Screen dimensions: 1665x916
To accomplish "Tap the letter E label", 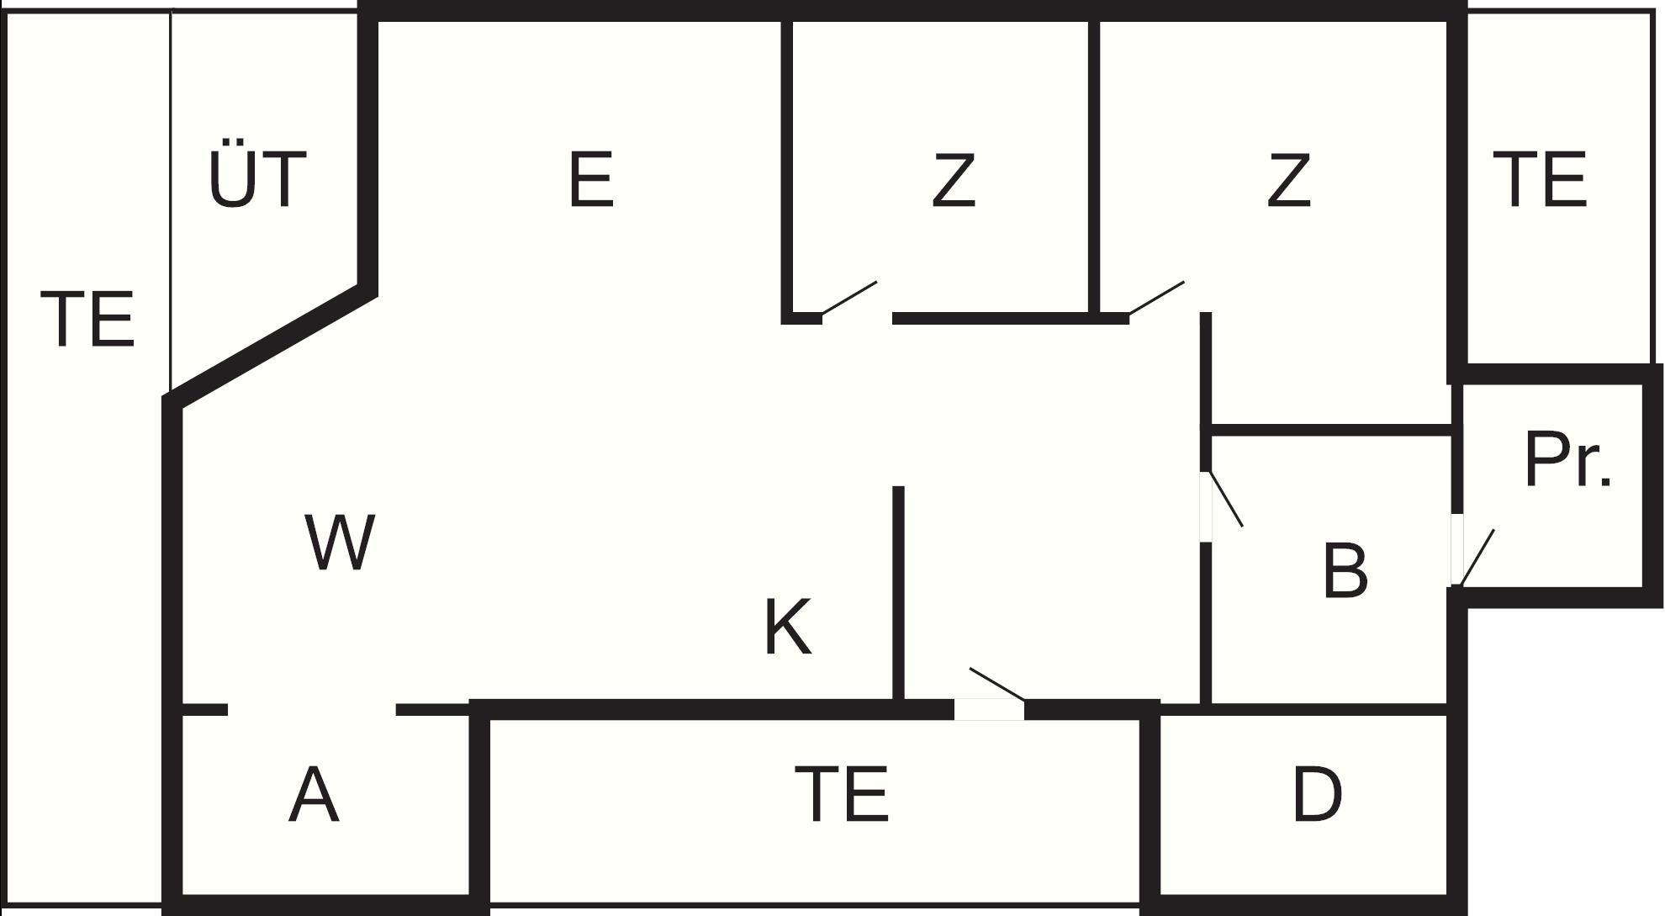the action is point(591,179).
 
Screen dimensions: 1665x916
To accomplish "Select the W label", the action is point(339,543).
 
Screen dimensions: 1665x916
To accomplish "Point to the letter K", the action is point(788,627).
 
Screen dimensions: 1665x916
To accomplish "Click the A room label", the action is point(314,795).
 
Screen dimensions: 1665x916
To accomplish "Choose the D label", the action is point(1317,794).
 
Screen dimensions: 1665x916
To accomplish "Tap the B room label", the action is point(1345,571).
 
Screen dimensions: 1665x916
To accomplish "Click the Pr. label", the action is point(1568,459).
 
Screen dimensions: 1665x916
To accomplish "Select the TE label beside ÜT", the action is point(87,318).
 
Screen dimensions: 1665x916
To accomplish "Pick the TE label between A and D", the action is point(842,794).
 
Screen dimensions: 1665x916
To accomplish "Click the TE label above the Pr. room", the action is point(1541,179).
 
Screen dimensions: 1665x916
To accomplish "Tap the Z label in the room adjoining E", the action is point(954,179).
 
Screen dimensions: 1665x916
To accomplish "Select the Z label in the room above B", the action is point(1288,179).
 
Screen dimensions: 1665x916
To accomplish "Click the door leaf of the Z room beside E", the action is point(849,299).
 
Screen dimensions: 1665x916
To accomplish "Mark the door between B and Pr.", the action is point(1477,557).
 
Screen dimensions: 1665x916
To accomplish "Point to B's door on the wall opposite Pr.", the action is point(1226,499).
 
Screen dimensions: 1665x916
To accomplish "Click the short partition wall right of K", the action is point(898,593).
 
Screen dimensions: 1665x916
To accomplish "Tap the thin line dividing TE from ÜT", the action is point(171,200).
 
